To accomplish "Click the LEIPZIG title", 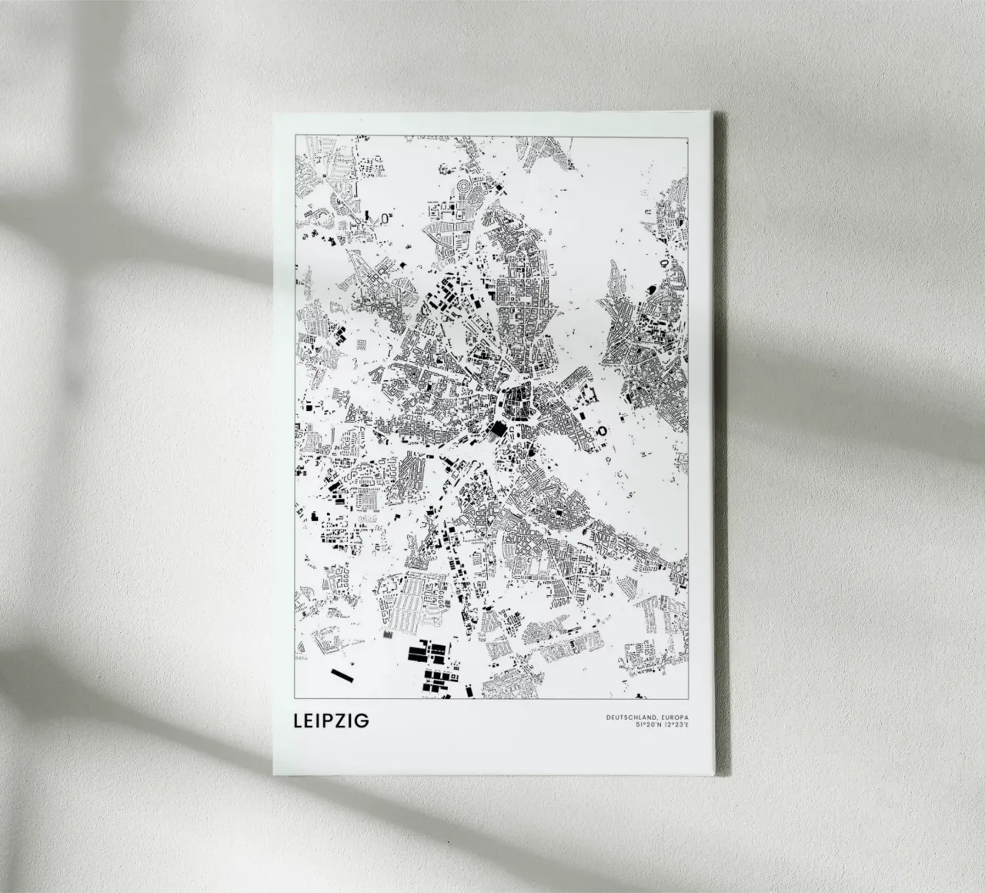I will point(331,721).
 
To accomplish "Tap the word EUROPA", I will point(671,717).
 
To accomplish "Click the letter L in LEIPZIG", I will point(297,721).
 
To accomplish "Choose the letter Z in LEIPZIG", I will point(349,721).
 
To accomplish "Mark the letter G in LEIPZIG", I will point(362,721).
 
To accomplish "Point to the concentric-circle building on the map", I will point(465,188).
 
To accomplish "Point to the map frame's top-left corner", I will point(295,135).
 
